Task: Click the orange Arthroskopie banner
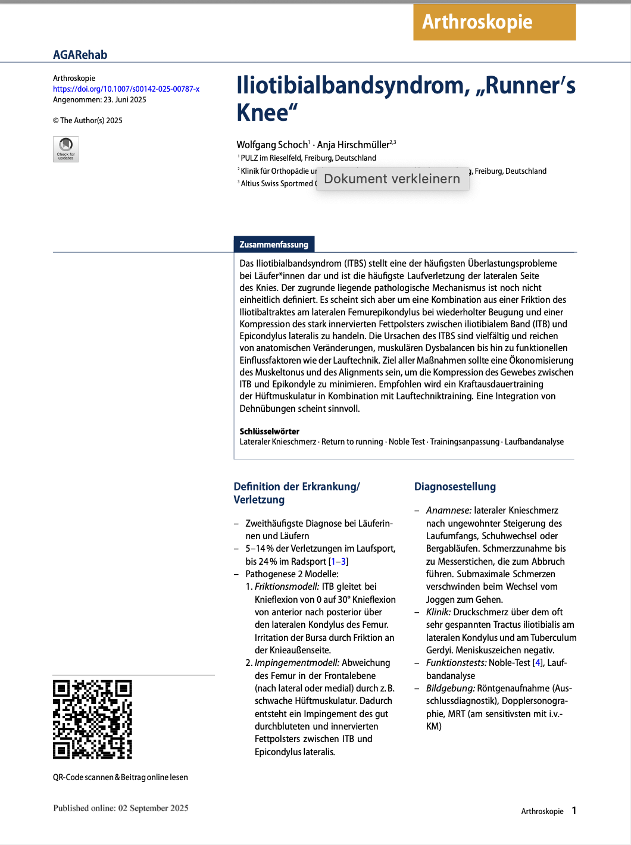[x=494, y=23]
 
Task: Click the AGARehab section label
[x=80, y=55]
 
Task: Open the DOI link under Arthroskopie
[x=126, y=89]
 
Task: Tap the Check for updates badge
[x=66, y=149]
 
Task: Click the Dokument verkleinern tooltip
[x=392, y=179]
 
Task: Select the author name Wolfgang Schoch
[x=271, y=145]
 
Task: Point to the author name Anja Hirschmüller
[x=353, y=145]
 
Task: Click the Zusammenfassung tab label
[x=274, y=245]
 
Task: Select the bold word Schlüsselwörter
[x=269, y=431]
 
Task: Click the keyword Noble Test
[x=407, y=442]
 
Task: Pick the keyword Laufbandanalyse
[x=534, y=442]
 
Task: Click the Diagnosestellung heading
[x=455, y=487]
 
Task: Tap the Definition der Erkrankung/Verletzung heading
[x=296, y=493]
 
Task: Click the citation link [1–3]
[x=339, y=561]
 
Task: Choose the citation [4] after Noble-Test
[x=538, y=663]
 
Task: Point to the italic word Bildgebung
[x=450, y=688]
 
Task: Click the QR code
[x=92, y=719]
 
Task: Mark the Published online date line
[x=121, y=808]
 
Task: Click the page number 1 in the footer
[x=574, y=810]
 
